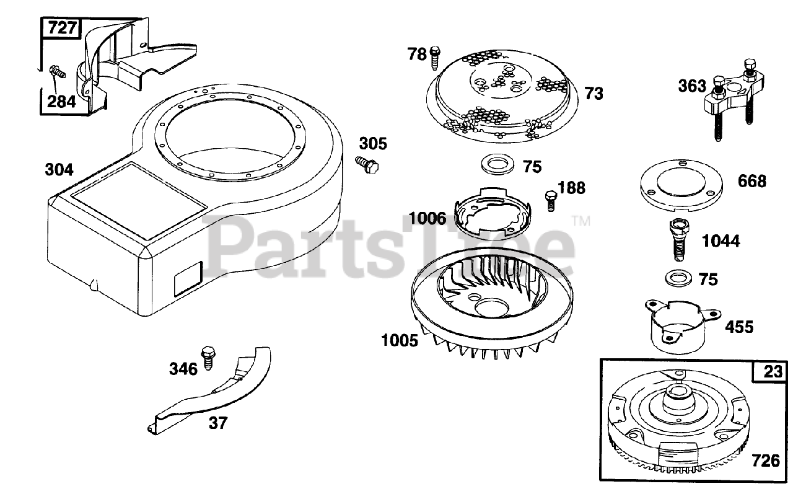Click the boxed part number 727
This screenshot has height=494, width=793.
click(62, 28)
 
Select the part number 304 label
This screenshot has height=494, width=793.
click(59, 170)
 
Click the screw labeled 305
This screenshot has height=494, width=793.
click(367, 165)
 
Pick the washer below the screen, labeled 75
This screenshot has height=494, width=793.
click(497, 164)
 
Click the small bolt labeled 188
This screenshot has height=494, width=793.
click(551, 201)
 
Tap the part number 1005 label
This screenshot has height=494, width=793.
click(400, 341)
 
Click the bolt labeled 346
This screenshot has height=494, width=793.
click(208, 358)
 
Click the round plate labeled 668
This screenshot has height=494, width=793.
click(681, 185)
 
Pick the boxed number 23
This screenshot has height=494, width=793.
click(773, 372)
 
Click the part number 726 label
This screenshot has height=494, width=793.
click(766, 461)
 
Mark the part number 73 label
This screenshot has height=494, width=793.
click(594, 94)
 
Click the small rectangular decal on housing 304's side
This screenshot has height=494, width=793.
click(188, 279)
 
